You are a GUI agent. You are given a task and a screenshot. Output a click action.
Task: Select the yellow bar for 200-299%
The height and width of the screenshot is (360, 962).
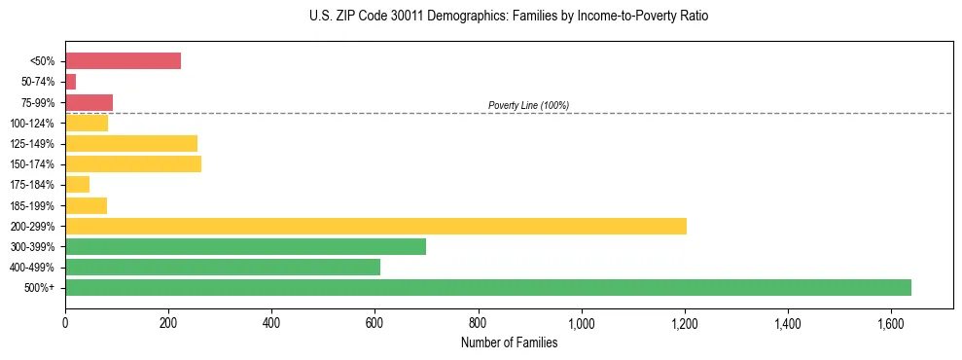pyautogui.click(x=375, y=227)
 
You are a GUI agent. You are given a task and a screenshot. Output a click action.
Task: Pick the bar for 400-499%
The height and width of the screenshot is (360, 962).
pyautogui.click(x=223, y=268)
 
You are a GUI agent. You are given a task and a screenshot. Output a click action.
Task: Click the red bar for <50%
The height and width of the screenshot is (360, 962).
pyautogui.click(x=123, y=61)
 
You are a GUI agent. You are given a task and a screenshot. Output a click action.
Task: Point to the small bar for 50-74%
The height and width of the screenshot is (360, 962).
pyautogui.click(x=70, y=82)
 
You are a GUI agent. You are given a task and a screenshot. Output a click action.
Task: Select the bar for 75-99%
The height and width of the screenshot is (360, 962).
pyautogui.click(x=89, y=102)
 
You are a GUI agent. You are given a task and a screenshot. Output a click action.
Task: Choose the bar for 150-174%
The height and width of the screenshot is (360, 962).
pyautogui.click(x=133, y=164)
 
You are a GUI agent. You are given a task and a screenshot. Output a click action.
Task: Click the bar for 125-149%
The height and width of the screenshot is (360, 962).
pyautogui.click(x=131, y=144)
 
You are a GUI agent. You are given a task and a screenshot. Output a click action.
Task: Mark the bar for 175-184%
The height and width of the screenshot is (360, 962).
pyautogui.click(x=77, y=185)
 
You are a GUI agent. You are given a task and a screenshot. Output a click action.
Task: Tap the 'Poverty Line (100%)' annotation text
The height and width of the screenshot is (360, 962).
pyautogui.click(x=528, y=105)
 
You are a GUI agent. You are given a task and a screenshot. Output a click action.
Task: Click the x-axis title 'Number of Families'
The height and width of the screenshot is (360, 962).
pyautogui.click(x=509, y=342)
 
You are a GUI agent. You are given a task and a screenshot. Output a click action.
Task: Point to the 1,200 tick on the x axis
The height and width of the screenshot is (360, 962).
pyautogui.click(x=685, y=322)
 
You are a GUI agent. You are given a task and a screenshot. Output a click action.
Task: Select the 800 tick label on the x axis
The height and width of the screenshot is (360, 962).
pyautogui.click(x=478, y=322)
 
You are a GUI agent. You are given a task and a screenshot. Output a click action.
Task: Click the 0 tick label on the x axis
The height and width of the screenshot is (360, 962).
pyautogui.click(x=65, y=322)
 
